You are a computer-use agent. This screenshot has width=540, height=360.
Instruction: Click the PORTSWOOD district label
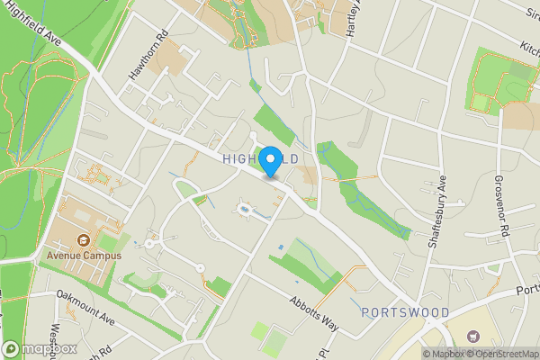405,312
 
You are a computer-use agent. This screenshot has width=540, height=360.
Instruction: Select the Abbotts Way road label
312,313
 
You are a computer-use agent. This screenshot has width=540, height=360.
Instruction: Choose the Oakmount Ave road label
85,306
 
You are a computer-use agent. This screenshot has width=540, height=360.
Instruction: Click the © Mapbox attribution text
441,354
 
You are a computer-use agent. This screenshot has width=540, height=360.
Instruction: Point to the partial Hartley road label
354,18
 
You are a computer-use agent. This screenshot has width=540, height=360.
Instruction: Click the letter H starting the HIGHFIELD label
227,159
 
